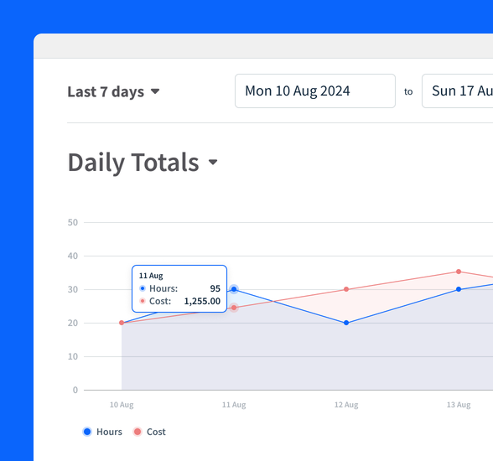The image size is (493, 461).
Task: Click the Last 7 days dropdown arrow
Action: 155,92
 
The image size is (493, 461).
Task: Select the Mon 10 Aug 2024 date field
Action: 314,91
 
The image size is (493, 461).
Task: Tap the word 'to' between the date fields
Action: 408,91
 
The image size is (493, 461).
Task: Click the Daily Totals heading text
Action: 133,162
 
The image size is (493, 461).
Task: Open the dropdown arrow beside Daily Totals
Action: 213,163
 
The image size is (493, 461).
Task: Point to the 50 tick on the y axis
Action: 73,222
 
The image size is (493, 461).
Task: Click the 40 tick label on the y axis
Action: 73,256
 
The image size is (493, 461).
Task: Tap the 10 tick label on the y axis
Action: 73,356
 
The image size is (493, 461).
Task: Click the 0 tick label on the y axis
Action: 75,390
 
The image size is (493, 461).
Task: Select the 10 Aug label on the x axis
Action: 122,405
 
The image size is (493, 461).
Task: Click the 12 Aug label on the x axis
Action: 346,405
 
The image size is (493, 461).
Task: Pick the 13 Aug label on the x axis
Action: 458,405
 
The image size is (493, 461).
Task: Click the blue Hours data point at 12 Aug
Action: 346,323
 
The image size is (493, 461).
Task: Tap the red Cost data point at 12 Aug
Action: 346,289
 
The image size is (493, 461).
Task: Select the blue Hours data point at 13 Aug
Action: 459,289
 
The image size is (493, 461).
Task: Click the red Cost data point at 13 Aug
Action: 459,272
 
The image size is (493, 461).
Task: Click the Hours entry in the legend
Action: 102,432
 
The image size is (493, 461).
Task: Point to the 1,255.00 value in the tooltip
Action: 202,301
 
